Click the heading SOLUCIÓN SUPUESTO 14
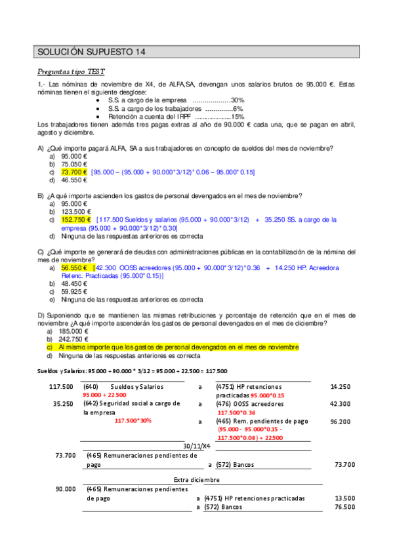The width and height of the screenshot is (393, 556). pyautogui.click(x=92, y=52)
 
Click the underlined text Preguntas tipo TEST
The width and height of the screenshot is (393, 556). pyautogui.click(x=72, y=71)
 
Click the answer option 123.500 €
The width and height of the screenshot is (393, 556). pyautogui.click(x=76, y=212)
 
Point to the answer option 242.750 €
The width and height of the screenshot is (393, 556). pyautogui.click(x=76, y=340)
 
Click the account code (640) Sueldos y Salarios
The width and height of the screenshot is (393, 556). pyautogui.click(x=124, y=387)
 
